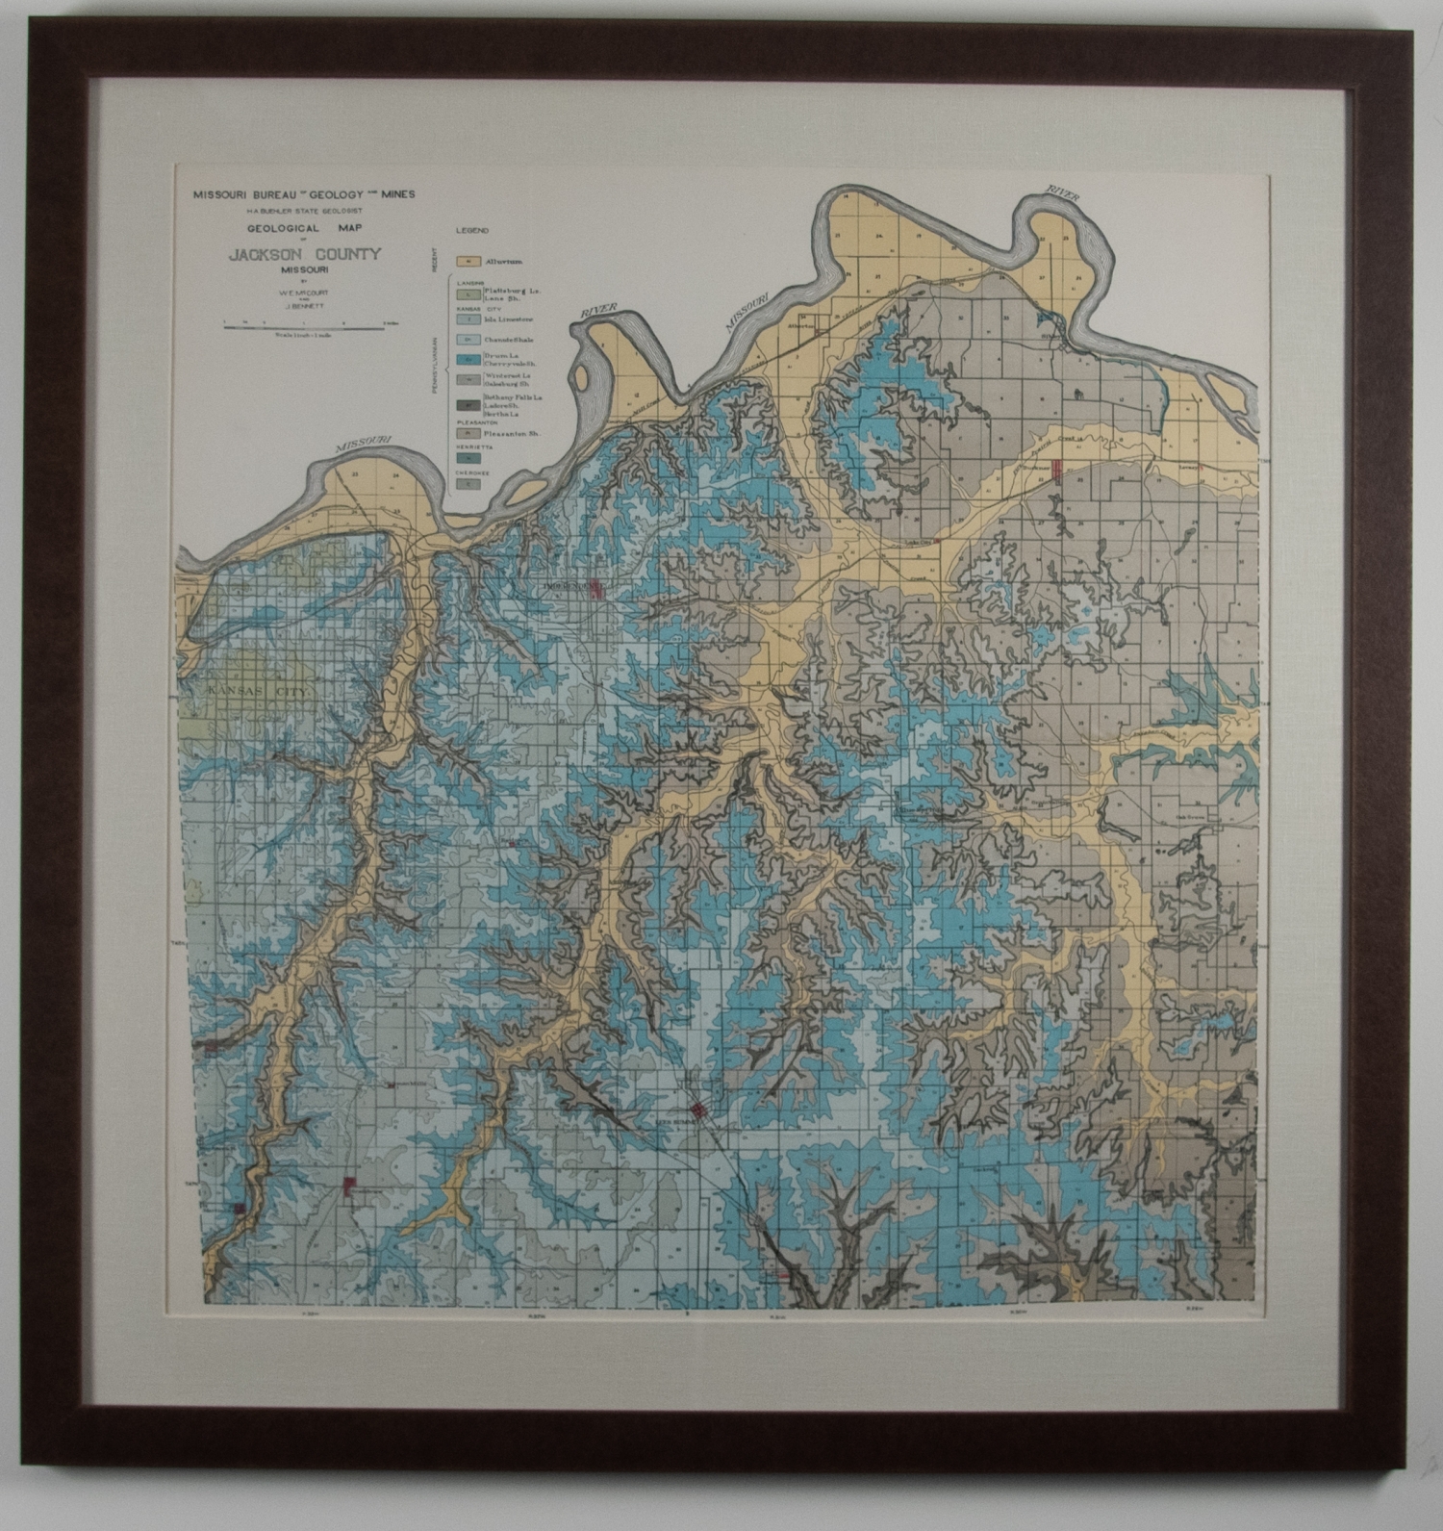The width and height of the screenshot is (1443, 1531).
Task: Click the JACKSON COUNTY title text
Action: click(304, 254)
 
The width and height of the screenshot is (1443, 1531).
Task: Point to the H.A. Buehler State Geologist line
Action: click(304, 211)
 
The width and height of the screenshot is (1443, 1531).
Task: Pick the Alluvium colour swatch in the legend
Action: click(468, 262)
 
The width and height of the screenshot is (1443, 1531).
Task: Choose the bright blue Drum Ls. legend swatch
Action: click(468, 360)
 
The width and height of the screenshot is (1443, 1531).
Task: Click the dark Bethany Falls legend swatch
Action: click(468, 405)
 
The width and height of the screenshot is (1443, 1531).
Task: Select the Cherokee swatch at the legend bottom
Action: click(468, 484)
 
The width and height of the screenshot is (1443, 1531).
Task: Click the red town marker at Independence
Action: click(595, 588)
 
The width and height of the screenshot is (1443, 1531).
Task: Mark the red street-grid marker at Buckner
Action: click(1057, 469)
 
